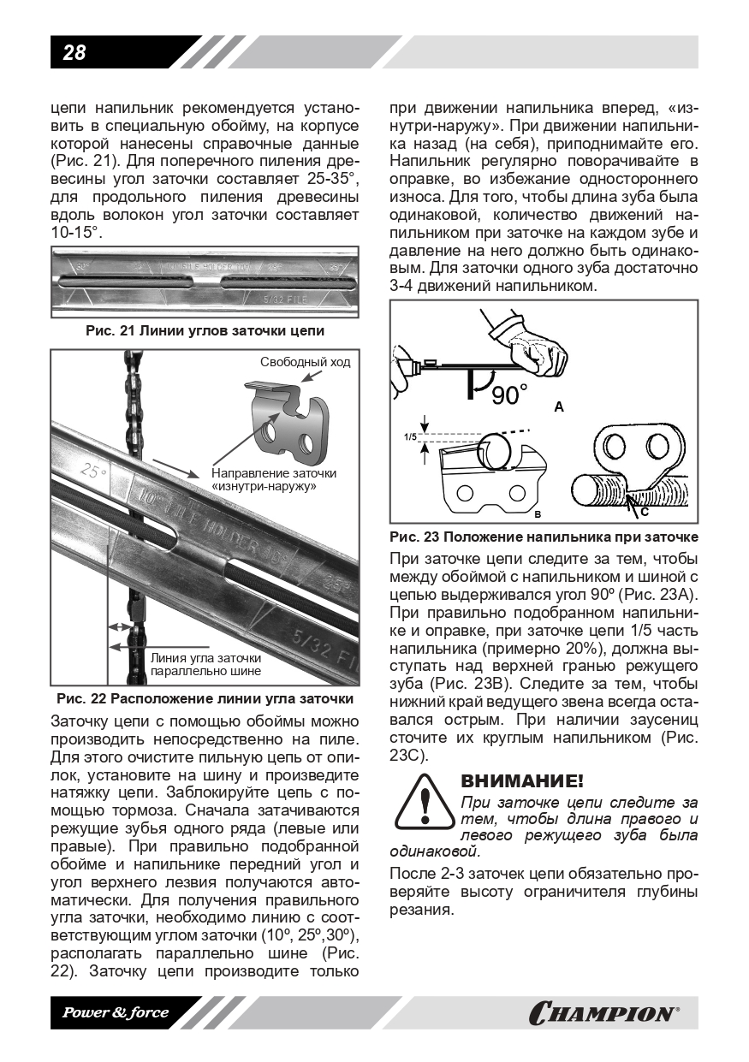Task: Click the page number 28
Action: (x=74, y=53)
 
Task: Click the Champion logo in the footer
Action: (x=604, y=1014)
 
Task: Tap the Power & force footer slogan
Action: (x=115, y=1013)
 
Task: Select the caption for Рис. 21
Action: (x=205, y=331)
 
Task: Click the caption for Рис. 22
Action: (x=205, y=698)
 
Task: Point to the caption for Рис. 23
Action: (x=544, y=537)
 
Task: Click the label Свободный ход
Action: (x=305, y=362)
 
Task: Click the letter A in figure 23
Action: (x=559, y=408)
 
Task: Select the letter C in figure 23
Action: (x=644, y=512)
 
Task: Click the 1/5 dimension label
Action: (x=409, y=436)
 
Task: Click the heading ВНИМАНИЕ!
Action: (x=522, y=781)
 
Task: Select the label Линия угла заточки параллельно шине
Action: (x=205, y=664)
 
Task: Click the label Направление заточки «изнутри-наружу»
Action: (x=273, y=479)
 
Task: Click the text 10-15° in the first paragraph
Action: (x=77, y=234)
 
